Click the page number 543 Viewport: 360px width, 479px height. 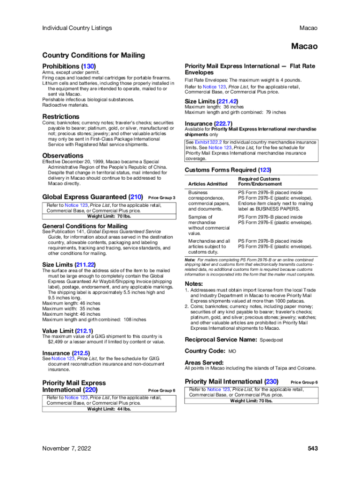pyautogui.click(x=313, y=449)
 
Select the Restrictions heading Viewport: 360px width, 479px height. pyautogui.click(x=61, y=116)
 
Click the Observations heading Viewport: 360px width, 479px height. pyautogui.click(x=63, y=155)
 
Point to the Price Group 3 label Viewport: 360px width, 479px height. pyautogui.click(x=161, y=198)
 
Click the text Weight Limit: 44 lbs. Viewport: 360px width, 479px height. pyautogui.click(x=109, y=409)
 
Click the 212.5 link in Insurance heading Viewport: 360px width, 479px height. pyautogui.click(x=80, y=353)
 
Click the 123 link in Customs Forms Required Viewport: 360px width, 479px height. pyautogui.click(x=264, y=170)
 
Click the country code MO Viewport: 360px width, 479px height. pyautogui.click(x=232, y=351)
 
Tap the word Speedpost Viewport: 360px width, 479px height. pyautogui.click(x=271, y=340)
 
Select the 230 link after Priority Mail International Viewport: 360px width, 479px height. pyautogui.click(x=271, y=381)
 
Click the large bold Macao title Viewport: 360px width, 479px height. pyautogui.click(x=304, y=46)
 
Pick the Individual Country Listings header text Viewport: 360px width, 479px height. pyautogui.click(x=77, y=28)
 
